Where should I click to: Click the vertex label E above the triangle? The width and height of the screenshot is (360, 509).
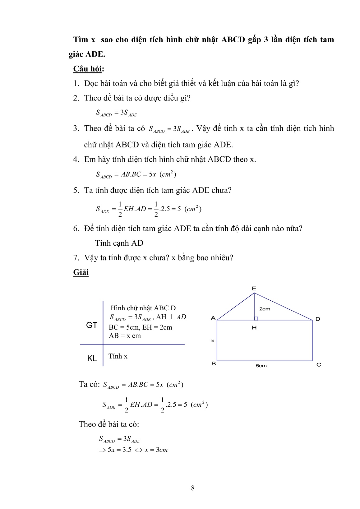pyautogui.click(x=254, y=289)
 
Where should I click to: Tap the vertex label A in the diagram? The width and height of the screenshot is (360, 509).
pyautogui.click(x=213, y=318)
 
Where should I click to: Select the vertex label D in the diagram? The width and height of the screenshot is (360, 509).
pyautogui.click(x=317, y=319)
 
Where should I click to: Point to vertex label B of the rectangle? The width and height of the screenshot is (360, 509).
pyautogui.click(x=214, y=363)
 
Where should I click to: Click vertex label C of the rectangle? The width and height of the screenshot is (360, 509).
pyautogui.click(x=319, y=364)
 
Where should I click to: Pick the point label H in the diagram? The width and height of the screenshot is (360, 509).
pyautogui.click(x=254, y=327)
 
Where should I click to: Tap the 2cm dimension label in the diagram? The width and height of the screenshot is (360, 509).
pyautogui.click(x=265, y=309)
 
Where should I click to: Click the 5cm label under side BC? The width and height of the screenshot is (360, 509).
pyautogui.click(x=261, y=366)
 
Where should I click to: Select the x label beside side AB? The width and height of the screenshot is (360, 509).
pyautogui.click(x=213, y=341)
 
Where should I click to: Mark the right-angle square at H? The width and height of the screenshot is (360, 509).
pyautogui.click(x=256, y=318)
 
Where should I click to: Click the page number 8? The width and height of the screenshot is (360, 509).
pyautogui.click(x=193, y=488)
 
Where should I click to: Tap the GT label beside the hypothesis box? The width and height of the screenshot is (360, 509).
pyautogui.click(x=91, y=325)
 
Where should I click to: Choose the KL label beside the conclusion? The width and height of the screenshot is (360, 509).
pyautogui.click(x=92, y=358)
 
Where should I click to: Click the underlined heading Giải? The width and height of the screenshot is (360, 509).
pyautogui.click(x=81, y=272)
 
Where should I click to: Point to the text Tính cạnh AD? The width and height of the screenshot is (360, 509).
pyautogui.click(x=119, y=243)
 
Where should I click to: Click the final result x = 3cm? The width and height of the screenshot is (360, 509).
pyautogui.click(x=156, y=450)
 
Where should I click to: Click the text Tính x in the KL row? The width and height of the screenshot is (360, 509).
pyautogui.click(x=118, y=356)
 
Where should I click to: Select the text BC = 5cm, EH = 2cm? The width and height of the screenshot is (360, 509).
pyautogui.click(x=140, y=327)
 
